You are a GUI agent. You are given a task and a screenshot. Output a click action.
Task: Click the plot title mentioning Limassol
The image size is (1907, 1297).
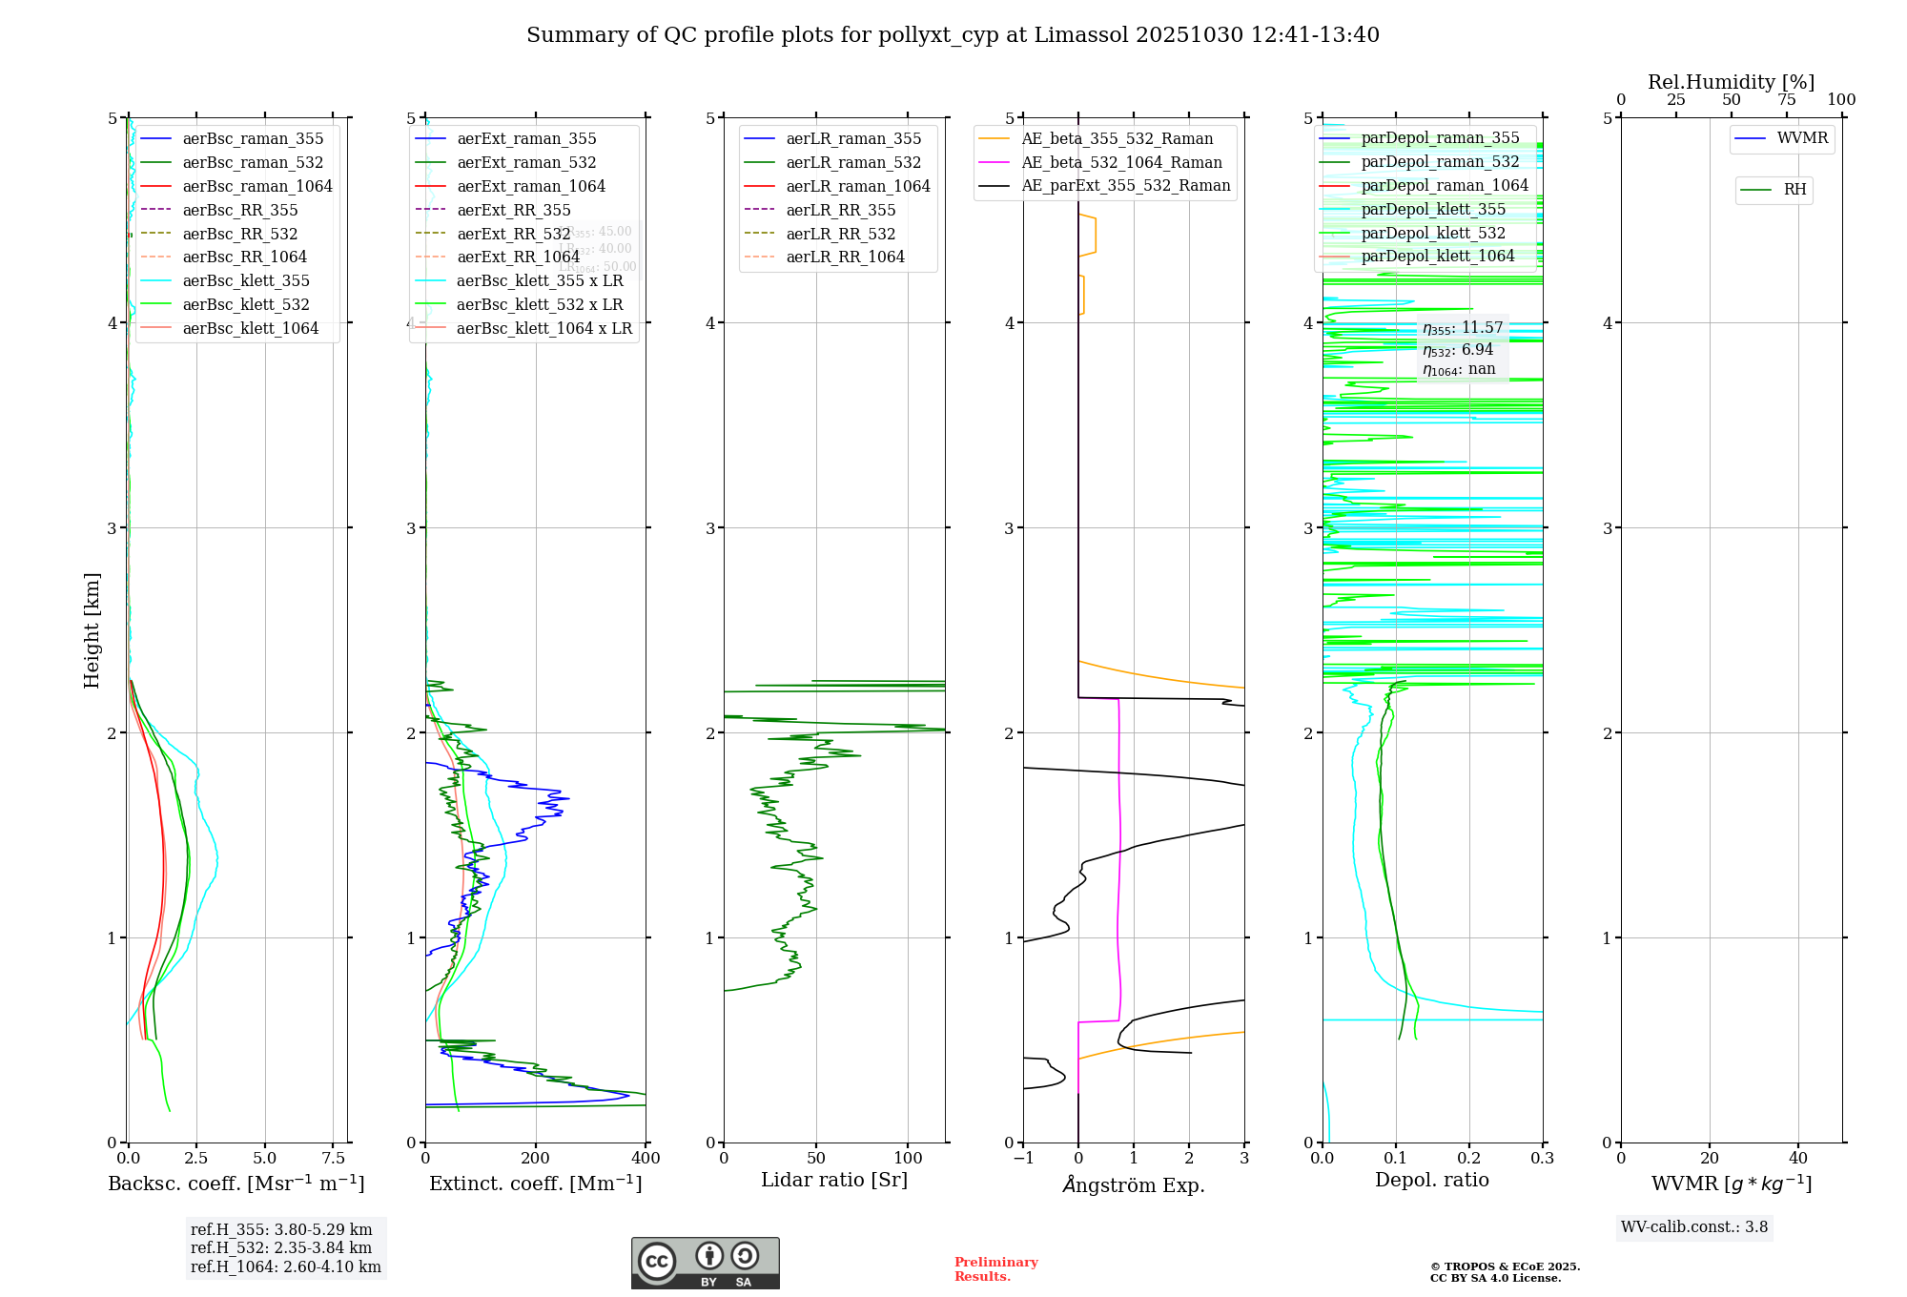(x=953, y=35)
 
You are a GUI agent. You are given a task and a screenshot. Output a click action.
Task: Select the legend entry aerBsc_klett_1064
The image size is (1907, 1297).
(x=251, y=328)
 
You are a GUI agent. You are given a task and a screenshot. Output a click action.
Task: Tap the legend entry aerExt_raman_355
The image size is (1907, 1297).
(x=526, y=139)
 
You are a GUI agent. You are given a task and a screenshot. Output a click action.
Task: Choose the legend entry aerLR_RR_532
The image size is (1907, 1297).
(x=840, y=234)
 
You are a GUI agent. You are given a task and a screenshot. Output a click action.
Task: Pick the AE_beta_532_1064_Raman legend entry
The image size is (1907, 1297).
(x=1121, y=162)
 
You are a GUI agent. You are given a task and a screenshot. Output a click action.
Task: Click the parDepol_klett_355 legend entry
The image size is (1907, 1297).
(x=1433, y=209)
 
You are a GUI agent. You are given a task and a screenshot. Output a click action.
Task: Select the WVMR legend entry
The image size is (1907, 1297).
(x=1802, y=138)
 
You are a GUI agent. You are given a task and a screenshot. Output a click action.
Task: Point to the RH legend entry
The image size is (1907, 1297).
(x=1794, y=190)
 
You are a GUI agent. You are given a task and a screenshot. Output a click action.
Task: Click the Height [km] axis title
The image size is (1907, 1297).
(x=92, y=629)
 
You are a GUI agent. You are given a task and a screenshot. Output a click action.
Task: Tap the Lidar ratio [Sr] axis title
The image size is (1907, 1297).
(x=834, y=1180)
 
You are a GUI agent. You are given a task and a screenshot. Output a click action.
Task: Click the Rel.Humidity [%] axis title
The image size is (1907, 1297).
(x=1731, y=82)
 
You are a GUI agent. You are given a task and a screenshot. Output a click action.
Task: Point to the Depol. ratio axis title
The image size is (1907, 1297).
(x=1431, y=1180)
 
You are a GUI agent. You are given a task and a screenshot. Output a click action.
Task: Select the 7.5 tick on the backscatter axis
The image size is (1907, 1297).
(x=334, y=1159)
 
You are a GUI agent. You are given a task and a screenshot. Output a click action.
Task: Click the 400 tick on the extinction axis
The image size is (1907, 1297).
(x=646, y=1159)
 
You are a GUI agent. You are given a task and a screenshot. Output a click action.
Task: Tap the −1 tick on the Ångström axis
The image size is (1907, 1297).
(x=1023, y=1159)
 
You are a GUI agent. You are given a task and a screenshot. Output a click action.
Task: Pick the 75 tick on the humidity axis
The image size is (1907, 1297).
(x=1786, y=100)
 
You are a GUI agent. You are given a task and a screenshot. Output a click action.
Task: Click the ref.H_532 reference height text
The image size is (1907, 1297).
(x=281, y=1247)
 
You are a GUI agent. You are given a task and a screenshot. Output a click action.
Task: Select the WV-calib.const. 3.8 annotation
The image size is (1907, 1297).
(x=1694, y=1227)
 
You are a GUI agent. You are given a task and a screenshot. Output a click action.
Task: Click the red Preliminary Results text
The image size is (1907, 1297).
(x=995, y=1269)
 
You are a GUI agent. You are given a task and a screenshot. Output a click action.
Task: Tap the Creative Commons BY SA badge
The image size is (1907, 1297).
(x=705, y=1264)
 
